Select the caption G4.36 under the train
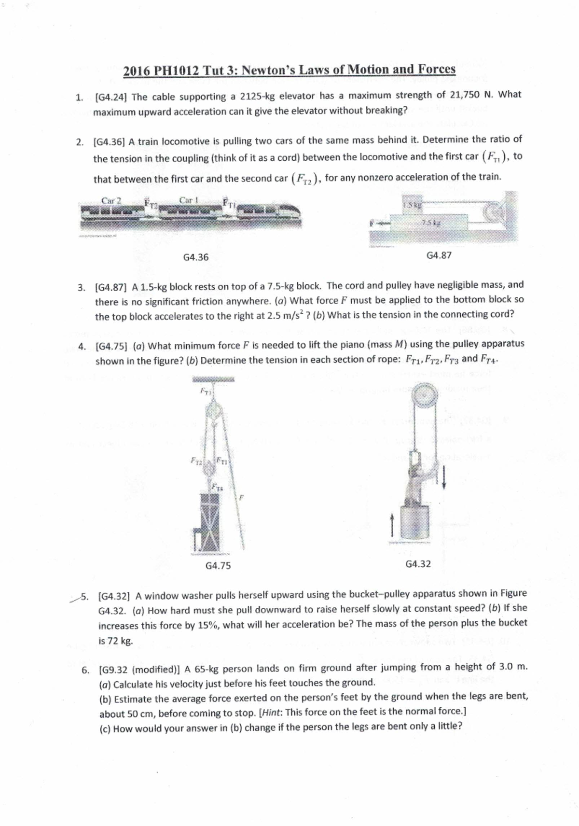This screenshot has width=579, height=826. tap(196, 257)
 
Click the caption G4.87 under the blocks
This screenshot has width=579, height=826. tap(439, 255)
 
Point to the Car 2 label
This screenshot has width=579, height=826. tap(111, 200)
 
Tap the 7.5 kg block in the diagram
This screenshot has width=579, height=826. tap(429, 224)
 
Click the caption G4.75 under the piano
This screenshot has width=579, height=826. tap(218, 566)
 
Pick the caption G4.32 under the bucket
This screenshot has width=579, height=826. tap(418, 564)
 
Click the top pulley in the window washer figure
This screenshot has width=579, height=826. tap(424, 395)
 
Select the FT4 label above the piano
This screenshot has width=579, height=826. tap(219, 489)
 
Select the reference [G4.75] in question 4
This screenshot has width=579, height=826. tap(111, 346)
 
